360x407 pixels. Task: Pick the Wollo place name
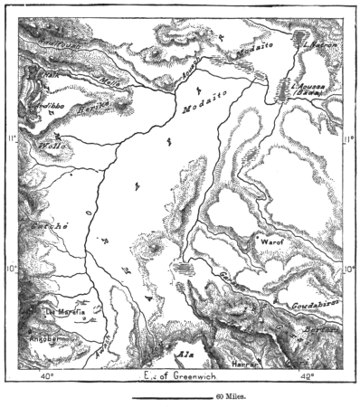(51, 147)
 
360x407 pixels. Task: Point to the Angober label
(45, 339)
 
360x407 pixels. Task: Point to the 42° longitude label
(308, 374)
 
